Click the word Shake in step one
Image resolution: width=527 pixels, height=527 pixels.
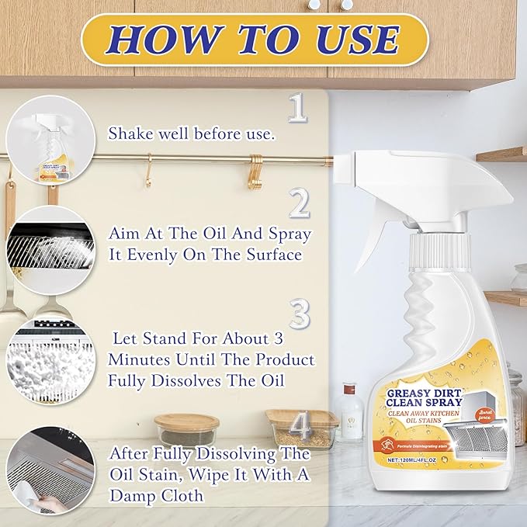(x=130, y=133)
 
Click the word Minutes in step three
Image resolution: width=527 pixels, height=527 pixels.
(x=139, y=360)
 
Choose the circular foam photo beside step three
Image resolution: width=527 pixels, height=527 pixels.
(x=50, y=359)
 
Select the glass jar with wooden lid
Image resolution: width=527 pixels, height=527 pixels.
(x=186, y=429)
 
